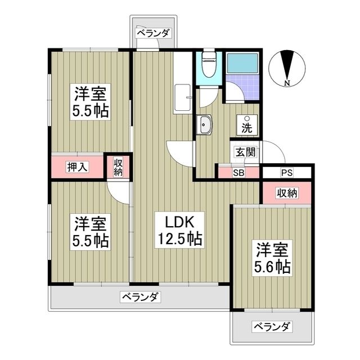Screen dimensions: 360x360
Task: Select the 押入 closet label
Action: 78,166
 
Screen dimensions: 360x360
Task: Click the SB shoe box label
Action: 238,173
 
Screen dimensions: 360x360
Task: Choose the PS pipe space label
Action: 287,173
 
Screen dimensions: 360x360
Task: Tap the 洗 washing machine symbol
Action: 247,124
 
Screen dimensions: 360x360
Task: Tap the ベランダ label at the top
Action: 153,33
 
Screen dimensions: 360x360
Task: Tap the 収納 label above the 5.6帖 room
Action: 286,193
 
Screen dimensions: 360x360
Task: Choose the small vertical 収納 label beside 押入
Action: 118,167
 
